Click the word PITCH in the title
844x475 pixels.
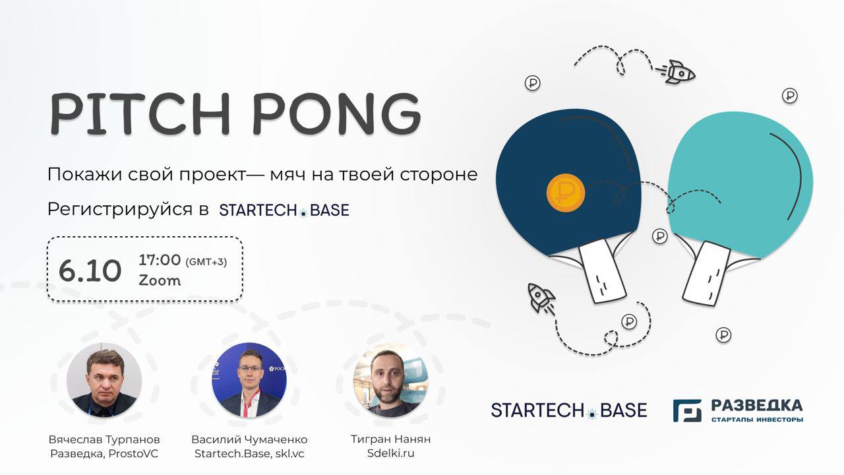click(x=140, y=113)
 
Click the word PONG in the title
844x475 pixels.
click(x=337, y=113)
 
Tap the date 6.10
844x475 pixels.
click(x=90, y=270)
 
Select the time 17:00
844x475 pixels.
click(x=160, y=260)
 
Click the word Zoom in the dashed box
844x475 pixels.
click(x=160, y=280)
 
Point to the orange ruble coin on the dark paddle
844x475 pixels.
click(x=566, y=193)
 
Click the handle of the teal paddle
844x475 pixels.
click(x=706, y=274)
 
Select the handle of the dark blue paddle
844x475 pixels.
click(x=602, y=270)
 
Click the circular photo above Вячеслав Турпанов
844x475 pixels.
click(x=104, y=380)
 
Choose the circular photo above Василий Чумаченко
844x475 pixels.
click(x=249, y=380)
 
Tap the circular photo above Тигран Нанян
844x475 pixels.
click(x=391, y=380)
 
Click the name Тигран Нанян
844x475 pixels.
click(x=391, y=439)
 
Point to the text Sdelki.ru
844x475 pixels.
click(x=391, y=453)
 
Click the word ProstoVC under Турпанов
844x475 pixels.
click(x=133, y=453)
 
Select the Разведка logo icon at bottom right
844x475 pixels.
click(x=687, y=410)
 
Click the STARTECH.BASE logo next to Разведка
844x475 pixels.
click(x=569, y=410)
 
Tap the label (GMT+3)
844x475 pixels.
click(x=206, y=262)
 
